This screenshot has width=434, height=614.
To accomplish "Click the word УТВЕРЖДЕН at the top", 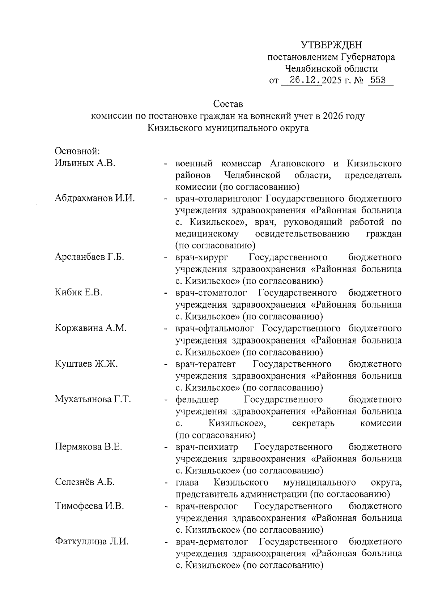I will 331,45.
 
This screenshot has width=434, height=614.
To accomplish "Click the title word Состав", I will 228,104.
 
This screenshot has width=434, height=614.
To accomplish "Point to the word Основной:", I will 77,151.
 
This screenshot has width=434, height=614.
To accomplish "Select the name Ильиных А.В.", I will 85,163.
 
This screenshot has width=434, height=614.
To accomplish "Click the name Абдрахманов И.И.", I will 95,199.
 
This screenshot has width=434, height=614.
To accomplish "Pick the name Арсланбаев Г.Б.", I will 89,257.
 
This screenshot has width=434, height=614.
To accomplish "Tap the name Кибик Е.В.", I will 79,293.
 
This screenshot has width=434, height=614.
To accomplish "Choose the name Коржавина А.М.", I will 91,328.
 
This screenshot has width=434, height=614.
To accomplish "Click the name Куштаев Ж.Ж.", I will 86,364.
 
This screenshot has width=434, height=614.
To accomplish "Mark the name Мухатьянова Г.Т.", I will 93,399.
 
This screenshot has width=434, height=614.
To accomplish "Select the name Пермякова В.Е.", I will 89,447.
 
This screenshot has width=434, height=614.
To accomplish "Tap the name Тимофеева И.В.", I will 89,506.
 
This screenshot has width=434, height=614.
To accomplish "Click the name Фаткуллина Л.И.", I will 92,542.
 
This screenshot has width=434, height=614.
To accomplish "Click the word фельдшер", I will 197,400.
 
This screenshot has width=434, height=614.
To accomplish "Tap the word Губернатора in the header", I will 368,57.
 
